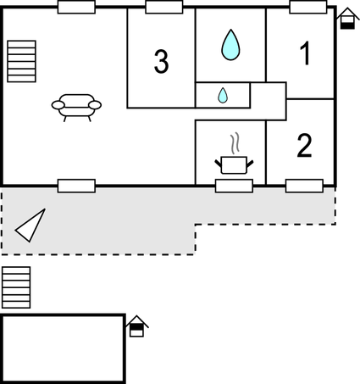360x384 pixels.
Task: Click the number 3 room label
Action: pyautogui.click(x=162, y=62)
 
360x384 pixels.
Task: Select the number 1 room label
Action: pyautogui.click(x=306, y=53)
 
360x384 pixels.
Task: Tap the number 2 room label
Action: pyautogui.click(x=304, y=145)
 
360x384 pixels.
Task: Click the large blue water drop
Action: pyautogui.click(x=230, y=45)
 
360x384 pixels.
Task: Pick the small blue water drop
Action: pyautogui.click(x=223, y=95)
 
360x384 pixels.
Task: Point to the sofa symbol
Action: pyautogui.click(x=76, y=108)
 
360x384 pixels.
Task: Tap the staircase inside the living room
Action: pyautogui.click(x=21, y=61)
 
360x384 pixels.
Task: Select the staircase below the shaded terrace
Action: pyautogui.click(x=16, y=287)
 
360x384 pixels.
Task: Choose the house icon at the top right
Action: pyautogui.click(x=347, y=19)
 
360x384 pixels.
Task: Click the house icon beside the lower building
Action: pyautogui.click(x=136, y=326)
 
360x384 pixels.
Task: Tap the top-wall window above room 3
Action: pyautogui.click(x=164, y=7)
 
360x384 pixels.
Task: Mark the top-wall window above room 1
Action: pyautogui.click(x=308, y=7)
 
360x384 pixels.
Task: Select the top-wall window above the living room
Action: pyautogui.click(x=76, y=7)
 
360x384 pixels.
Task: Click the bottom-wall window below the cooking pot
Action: pyautogui.click(x=234, y=186)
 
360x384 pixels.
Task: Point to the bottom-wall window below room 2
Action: pyautogui.click(x=304, y=186)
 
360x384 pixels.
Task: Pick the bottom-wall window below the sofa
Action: pyautogui.click(x=76, y=186)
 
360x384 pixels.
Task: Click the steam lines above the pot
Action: pyautogui.click(x=235, y=143)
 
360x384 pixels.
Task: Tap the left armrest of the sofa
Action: pyautogui.click(x=58, y=105)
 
